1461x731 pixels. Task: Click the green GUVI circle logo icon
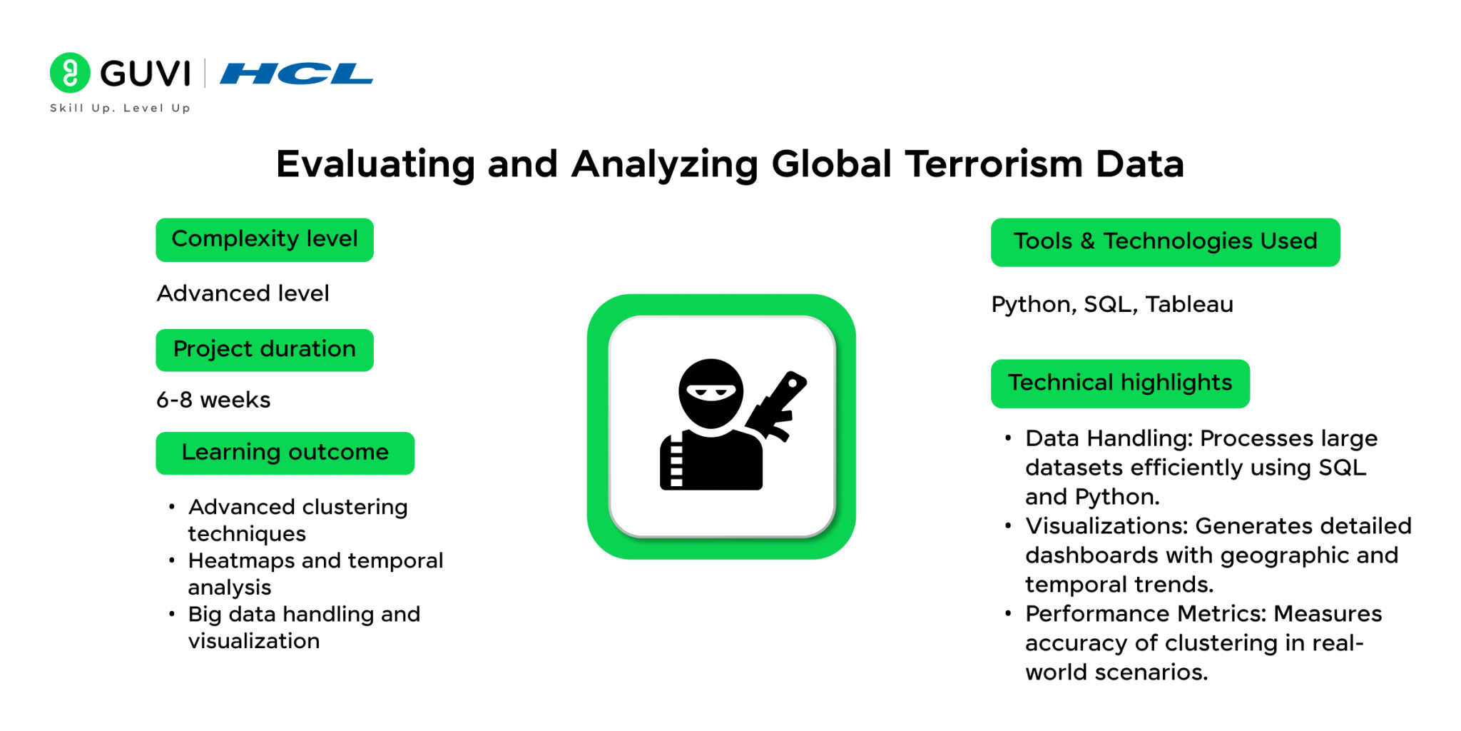tap(70, 73)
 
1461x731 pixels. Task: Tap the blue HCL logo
tap(297, 74)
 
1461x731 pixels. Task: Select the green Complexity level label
tap(265, 240)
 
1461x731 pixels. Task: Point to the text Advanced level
tap(243, 293)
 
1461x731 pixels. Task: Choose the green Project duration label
tap(265, 350)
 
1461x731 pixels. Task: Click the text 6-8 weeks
tap(213, 400)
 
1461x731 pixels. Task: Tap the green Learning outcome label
tap(285, 453)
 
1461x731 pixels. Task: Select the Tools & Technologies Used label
tap(1166, 243)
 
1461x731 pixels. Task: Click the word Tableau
tap(1189, 305)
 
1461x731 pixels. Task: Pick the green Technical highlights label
tap(1120, 384)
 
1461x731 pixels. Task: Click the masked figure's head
tap(711, 393)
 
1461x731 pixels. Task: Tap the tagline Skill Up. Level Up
tap(120, 109)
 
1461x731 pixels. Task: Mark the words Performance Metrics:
tap(1146, 614)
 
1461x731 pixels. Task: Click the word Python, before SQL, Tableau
tap(1034, 306)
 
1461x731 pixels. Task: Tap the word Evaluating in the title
tap(376, 165)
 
